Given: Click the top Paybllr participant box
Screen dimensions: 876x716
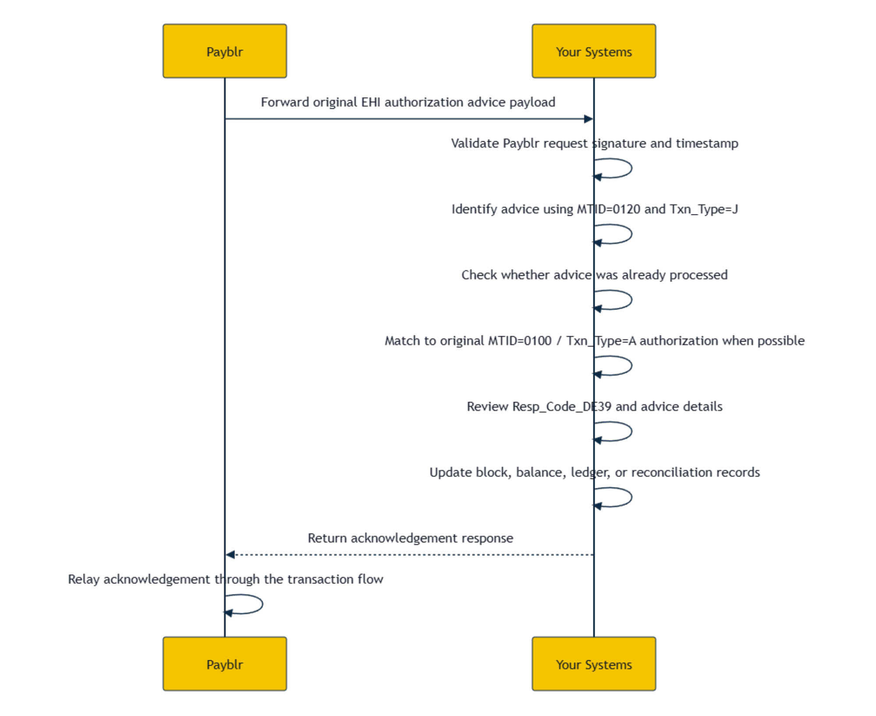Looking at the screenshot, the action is tap(224, 51).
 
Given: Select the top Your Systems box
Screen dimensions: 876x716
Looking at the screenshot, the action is tap(594, 51).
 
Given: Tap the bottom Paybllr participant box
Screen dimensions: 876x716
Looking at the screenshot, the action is tap(224, 663).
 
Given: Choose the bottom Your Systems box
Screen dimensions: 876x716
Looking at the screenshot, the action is tap(594, 663).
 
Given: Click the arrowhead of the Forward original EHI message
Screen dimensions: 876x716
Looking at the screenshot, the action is tap(589, 119).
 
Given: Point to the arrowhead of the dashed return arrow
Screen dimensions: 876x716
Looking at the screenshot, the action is tap(231, 555).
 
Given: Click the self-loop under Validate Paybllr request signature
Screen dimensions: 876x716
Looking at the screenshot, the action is tap(631, 168).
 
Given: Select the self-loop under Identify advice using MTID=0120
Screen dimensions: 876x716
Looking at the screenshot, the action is tap(631, 234).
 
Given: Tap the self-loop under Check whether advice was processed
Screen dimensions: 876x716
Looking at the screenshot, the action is tap(631, 300).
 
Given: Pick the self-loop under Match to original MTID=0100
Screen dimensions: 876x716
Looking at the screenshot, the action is tap(631, 366).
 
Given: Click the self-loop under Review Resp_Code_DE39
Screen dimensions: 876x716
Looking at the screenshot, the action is tap(631, 431).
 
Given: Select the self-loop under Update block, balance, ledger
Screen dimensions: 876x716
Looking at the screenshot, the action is tap(631, 497).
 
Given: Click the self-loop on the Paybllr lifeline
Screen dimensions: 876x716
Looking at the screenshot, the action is tap(262, 604).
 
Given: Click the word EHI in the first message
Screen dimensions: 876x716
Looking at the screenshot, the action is tap(371, 102).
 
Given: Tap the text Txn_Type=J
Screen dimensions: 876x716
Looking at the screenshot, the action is tap(704, 210).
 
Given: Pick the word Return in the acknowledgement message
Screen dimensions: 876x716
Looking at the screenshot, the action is tap(327, 538).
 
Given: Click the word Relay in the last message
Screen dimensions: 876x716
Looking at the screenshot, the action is tap(84, 580).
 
